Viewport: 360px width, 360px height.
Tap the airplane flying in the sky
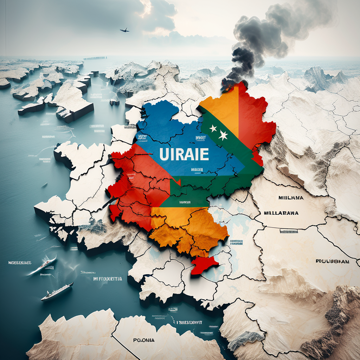(124, 30)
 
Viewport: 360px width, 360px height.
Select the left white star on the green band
(213, 129)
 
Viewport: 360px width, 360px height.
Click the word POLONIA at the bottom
(144, 340)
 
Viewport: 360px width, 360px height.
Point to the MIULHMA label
(291, 198)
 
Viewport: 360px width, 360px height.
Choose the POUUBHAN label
(332, 261)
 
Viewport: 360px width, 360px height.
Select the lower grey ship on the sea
(57, 291)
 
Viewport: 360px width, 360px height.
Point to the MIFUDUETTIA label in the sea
(108, 278)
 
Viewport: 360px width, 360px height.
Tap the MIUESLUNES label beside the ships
(20, 263)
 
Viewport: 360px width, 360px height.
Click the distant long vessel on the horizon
(95, 58)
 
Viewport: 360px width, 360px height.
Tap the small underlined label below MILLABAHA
(289, 231)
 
